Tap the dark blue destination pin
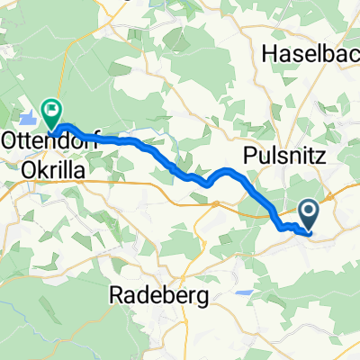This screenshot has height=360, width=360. [x=309, y=213]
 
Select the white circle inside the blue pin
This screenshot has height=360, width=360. [x=309, y=212]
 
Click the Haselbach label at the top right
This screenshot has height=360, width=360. [x=310, y=54]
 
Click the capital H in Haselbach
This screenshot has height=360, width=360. [x=268, y=54]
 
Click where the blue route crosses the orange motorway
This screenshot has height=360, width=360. [x=267, y=203]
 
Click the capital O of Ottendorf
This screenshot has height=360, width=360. [x=11, y=142]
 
